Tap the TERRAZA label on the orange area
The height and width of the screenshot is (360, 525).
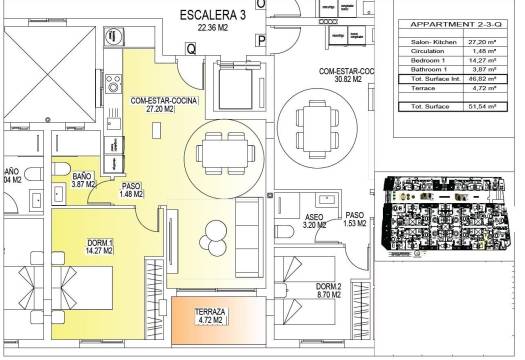click(209, 313)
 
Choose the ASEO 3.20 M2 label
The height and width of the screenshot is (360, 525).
click(315, 223)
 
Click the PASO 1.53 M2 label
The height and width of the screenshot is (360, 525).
click(355, 220)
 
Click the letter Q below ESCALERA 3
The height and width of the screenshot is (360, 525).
click(189, 45)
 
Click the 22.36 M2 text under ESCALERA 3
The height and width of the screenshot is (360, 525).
click(214, 28)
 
